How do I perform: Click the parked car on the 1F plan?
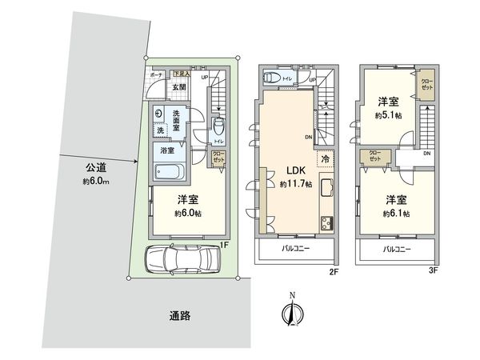(x=182, y=259)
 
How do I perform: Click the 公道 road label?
(x=98, y=173)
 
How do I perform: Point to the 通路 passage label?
(x=180, y=314)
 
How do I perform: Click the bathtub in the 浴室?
(x=170, y=172)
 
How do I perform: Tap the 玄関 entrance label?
(x=158, y=88)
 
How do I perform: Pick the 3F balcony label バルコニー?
(x=398, y=250)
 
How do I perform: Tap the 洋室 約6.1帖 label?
(x=395, y=206)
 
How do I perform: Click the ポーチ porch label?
(x=149, y=75)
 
